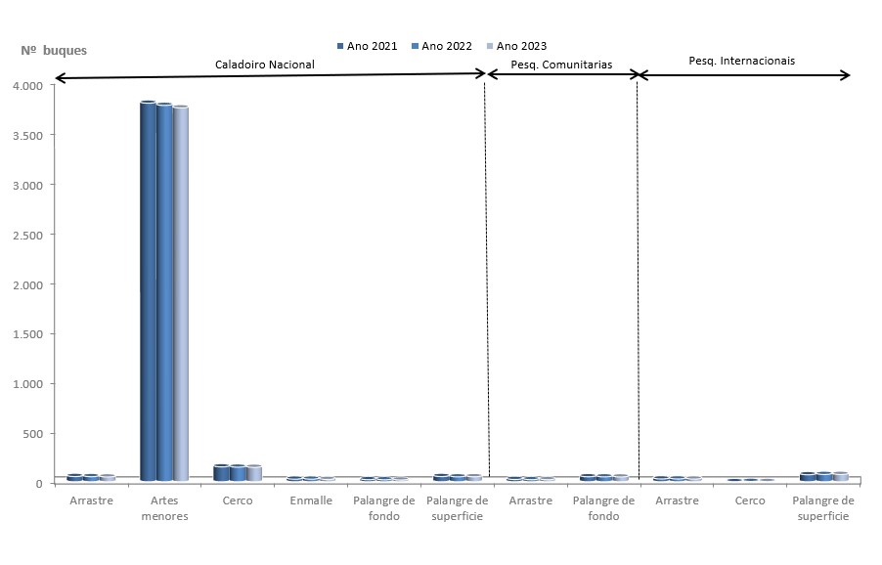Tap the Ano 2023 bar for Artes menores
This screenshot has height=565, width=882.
pos(181,293)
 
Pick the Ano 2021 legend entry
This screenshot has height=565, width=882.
pos(367,46)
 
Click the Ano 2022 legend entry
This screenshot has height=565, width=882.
pos(441,46)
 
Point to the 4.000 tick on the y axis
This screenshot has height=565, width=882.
pos(33,86)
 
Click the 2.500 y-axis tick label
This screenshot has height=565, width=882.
pos(33,235)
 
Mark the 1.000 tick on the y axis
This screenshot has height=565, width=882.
pos(33,384)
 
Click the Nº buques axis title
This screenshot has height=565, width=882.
pos(54,50)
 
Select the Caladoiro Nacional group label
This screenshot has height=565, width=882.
pos(265,64)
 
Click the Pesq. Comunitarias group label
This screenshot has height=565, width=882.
pos(561,65)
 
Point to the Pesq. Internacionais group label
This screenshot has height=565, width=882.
pos(741,61)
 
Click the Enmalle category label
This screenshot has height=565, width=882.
pos(311,500)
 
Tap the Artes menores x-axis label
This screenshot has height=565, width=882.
pos(164,508)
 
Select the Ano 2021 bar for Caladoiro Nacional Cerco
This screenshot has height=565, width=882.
pos(221,473)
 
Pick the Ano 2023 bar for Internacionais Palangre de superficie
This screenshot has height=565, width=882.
pos(840,477)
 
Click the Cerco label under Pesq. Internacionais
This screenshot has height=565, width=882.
pos(750,500)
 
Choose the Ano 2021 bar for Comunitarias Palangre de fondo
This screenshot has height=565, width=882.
pos(588,478)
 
